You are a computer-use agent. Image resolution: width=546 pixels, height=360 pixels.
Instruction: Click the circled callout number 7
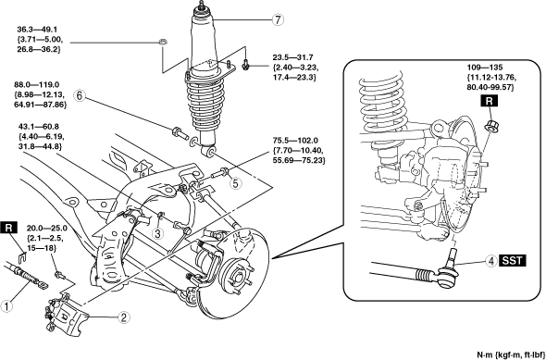278,19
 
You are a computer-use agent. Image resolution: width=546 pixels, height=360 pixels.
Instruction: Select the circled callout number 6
79,96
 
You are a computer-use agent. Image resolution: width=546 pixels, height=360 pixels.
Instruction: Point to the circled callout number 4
491,261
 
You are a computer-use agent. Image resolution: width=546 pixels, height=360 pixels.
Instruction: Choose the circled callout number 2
124,317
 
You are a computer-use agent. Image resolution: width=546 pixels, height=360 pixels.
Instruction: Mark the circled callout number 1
6,307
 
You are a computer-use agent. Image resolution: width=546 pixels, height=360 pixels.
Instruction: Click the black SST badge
513,261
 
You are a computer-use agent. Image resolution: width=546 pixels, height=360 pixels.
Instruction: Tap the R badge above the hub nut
490,101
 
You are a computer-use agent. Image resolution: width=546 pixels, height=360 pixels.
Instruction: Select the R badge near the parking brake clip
11,228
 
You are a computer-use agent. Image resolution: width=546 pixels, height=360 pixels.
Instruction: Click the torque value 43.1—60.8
33,127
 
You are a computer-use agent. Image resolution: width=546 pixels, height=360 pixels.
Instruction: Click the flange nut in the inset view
490,124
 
